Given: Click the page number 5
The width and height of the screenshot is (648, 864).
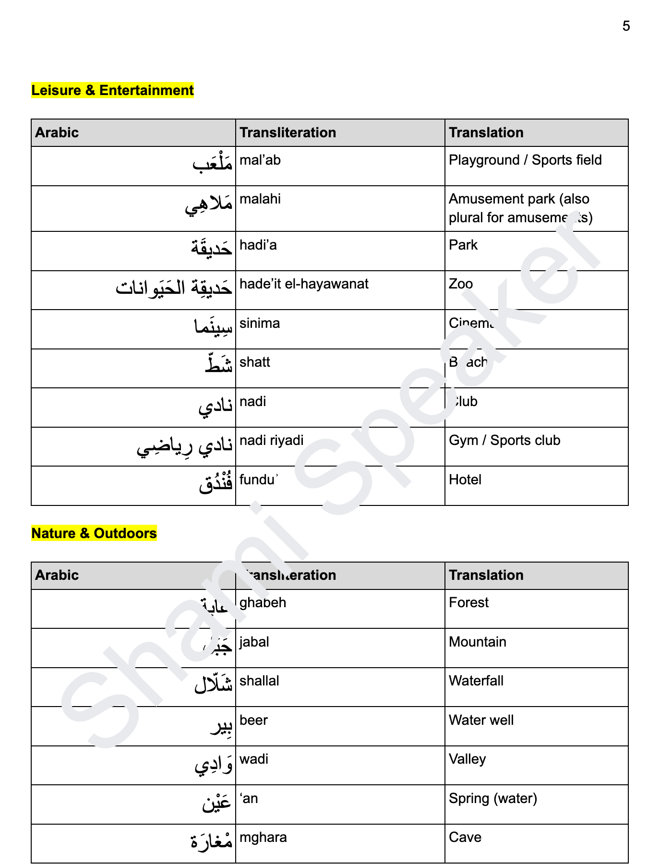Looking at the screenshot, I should click(626, 26).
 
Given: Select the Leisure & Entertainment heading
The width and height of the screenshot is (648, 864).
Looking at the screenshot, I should click(112, 90).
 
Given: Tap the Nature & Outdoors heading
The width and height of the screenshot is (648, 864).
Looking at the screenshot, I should click(94, 533).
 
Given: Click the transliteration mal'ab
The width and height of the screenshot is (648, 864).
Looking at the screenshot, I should click(260, 160).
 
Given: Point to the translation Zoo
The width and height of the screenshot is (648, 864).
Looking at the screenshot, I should click(461, 284).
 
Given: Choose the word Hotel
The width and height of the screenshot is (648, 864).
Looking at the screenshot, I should click(465, 480).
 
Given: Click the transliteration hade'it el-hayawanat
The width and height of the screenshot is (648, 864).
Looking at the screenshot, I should click(304, 284).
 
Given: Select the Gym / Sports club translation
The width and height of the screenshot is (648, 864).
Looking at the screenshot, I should click(504, 440).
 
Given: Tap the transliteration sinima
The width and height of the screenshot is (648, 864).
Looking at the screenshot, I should click(259, 323).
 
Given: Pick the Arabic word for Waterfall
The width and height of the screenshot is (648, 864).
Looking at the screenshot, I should click(213, 684).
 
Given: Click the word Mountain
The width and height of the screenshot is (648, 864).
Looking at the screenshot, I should click(477, 642).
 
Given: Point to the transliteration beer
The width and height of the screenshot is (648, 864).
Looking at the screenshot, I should click(253, 720).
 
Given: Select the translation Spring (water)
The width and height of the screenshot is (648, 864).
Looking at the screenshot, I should click(492, 798).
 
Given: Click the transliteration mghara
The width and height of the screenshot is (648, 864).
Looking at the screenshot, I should click(263, 837).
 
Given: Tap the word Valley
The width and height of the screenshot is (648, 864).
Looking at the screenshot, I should click(467, 759).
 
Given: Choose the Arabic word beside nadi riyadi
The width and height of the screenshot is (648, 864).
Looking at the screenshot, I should click(185, 446).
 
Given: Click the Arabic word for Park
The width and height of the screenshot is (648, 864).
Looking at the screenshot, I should click(211, 247).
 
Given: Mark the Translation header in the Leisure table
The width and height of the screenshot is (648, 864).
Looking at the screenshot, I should click(486, 132).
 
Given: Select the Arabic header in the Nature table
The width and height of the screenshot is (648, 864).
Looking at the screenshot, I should click(57, 575).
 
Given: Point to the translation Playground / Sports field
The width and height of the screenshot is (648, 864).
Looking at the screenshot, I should click(525, 160).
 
